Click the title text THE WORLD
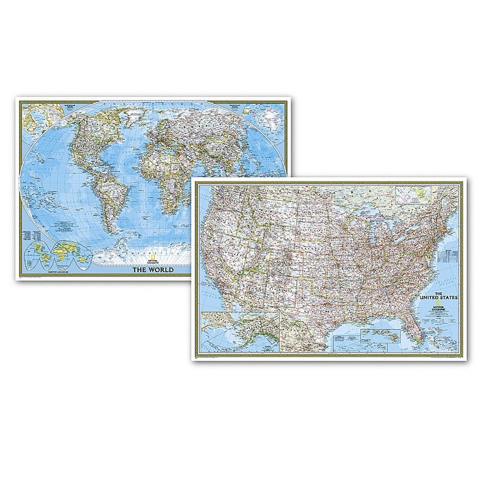pyautogui.click(x=153, y=270)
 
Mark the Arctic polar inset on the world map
pyautogui.click(x=42, y=113)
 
